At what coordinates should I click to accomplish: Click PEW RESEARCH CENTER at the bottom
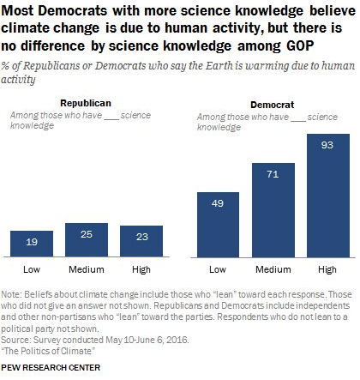[53, 369]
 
